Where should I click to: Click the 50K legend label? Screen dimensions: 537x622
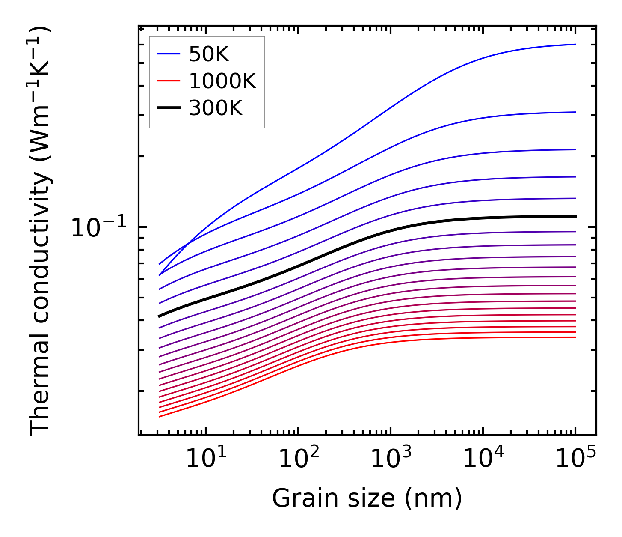pos(209,54)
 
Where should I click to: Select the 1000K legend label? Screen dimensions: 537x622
pos(222,81)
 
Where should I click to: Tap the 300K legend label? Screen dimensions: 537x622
pos(216,108)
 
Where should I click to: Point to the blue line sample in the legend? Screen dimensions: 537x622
pos(169,54)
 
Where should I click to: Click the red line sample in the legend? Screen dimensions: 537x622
pos(169,81)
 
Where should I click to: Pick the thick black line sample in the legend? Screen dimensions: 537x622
pos(169,108)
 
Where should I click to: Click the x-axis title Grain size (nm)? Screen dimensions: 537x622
pos(367,498)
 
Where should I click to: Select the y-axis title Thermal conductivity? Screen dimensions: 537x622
pos(41,231)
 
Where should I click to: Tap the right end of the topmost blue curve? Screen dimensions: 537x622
pos(575,44)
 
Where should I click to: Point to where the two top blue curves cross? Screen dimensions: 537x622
pos(188,245)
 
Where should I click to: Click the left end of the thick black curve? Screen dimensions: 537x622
pos(159,316)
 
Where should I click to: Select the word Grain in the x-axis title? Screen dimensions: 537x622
pos(296,498)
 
